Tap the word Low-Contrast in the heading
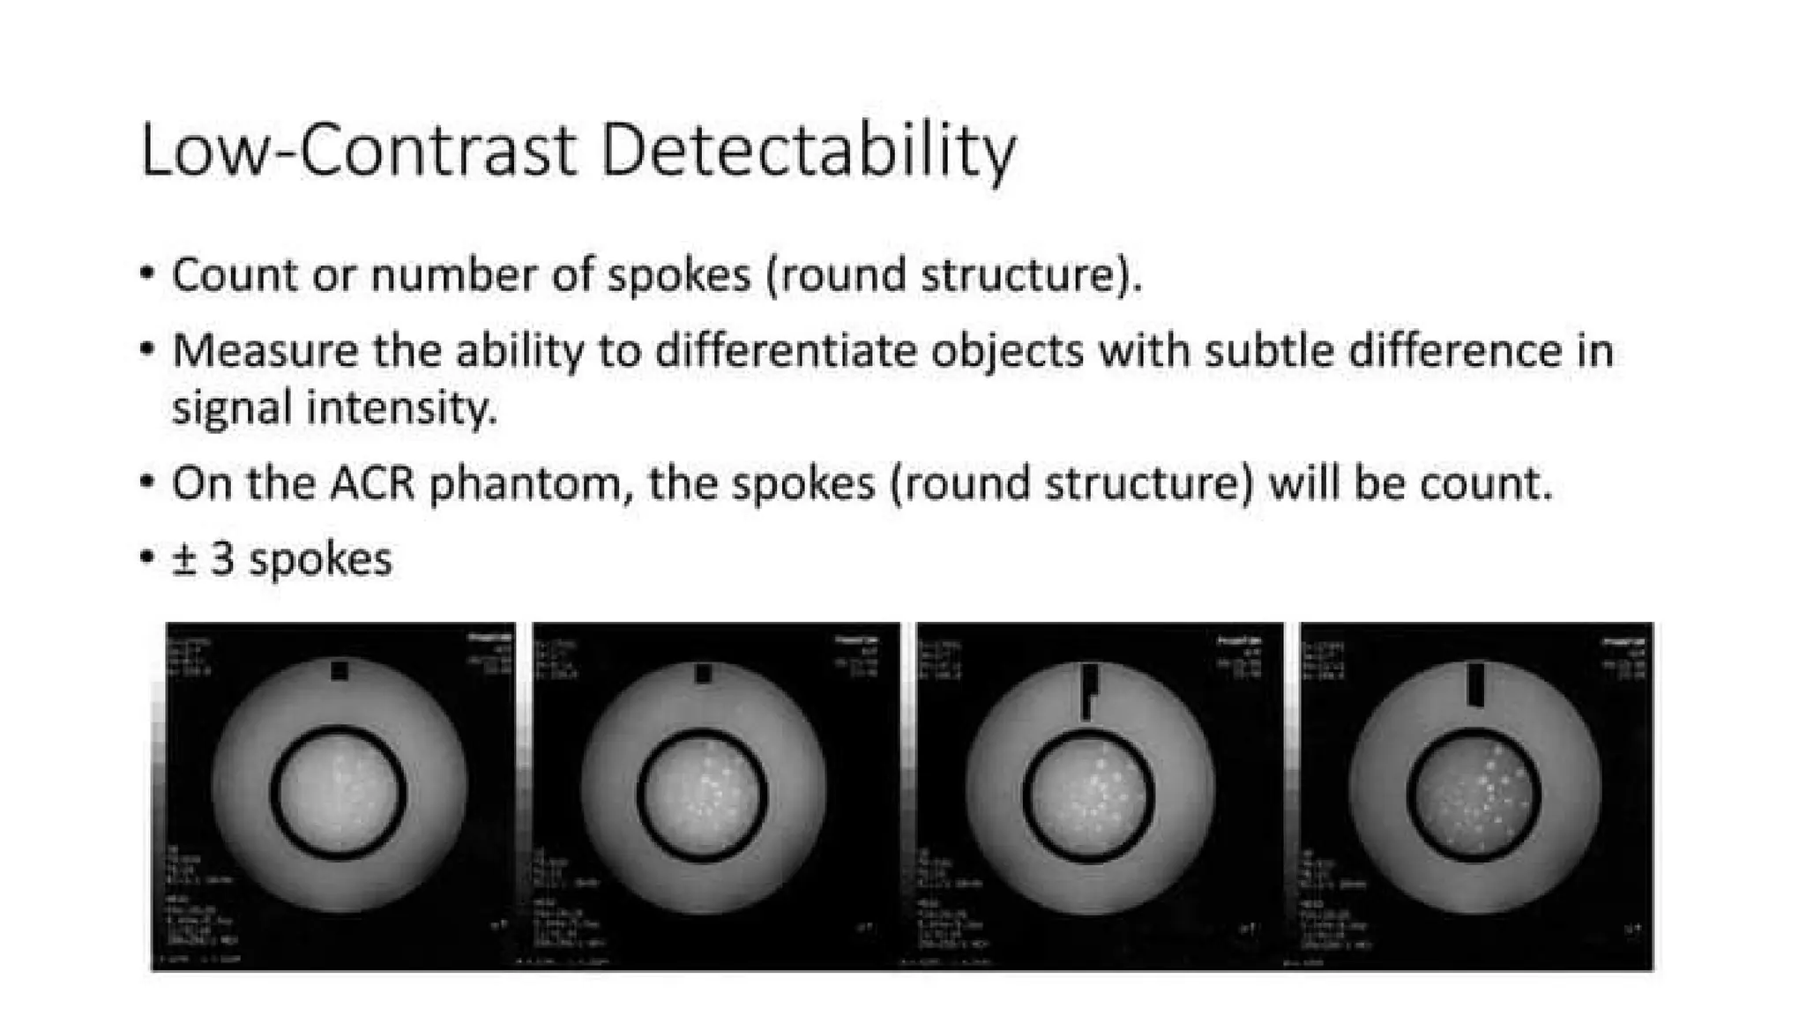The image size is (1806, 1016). [358, 152]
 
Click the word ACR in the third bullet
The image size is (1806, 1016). [373, 483]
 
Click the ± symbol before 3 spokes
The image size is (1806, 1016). [183, 559]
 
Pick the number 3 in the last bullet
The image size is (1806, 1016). [222, 559]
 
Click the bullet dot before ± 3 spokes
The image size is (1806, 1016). [147, 559]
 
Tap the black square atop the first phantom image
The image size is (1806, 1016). [340, 671]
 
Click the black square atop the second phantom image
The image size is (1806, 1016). [703, 674]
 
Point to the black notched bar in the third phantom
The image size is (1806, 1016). [1090, 688]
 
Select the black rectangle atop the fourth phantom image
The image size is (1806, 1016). [1476, 685]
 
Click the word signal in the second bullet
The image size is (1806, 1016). [232, 409]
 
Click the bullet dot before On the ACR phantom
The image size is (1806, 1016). [147, 483]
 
